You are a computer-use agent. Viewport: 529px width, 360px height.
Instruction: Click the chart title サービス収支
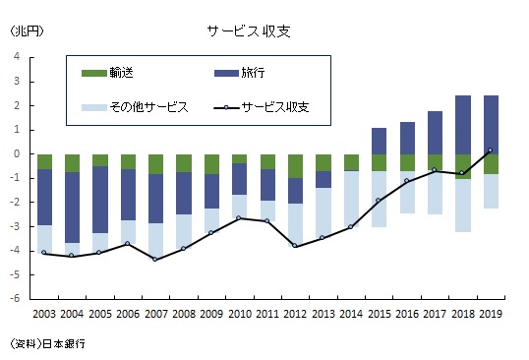click(x=249, y=31)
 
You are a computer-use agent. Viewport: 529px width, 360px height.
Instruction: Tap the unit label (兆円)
click(x=27, y=31)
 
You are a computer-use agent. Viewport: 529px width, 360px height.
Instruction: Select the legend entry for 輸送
click(x=107, y=73)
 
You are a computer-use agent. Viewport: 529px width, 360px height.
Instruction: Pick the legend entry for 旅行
click(x=240, y=73)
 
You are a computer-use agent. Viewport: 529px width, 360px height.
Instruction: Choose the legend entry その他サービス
click(x=135, y=107)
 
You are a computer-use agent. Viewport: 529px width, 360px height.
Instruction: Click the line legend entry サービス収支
click(x=262, y=107)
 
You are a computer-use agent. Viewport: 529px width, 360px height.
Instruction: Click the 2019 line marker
click(x=491, y=150)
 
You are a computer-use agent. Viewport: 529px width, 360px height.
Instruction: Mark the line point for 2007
click(x=154, y=259)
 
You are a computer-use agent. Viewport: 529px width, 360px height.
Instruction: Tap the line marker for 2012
click(x=295, y=246)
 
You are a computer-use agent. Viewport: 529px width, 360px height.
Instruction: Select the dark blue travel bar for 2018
click(x=463, y=125)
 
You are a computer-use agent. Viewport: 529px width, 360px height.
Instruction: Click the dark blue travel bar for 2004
click(x=72, y=208)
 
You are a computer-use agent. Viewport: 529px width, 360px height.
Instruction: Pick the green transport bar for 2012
click(x=295, y=166)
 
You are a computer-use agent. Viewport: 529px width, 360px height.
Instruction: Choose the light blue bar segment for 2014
click(x=351, y=199)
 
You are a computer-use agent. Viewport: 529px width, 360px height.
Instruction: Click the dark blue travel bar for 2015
click(x=379, y=141)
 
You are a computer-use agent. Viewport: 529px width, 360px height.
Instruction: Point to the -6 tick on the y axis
click(x=17, y=298)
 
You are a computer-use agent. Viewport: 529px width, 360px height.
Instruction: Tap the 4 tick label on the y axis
click(x=17, y=56)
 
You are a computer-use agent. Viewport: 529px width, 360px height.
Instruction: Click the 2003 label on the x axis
click(x=44, y=314)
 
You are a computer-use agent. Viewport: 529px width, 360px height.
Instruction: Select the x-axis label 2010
click(x=240, y=314)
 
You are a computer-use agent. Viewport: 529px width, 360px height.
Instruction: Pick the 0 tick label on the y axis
click(x=17, y=153)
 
